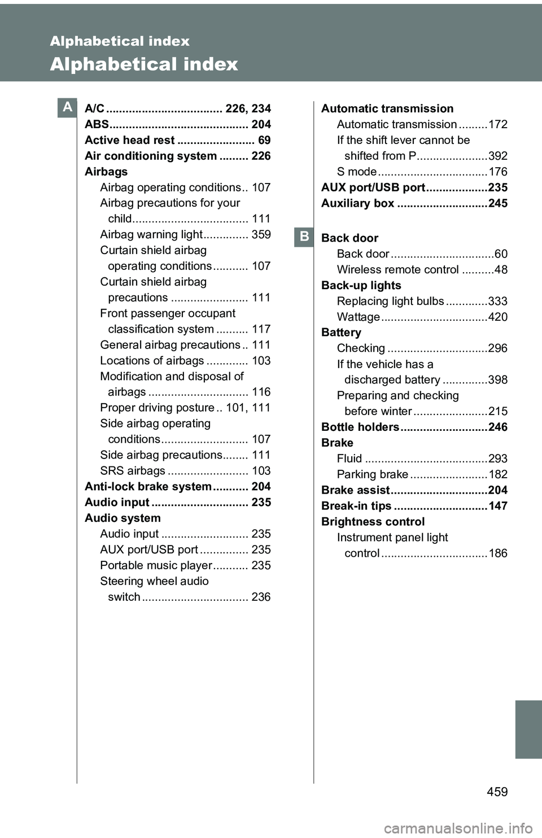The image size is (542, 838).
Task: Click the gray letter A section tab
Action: (67, 107)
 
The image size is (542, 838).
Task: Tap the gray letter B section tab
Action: (304, 237)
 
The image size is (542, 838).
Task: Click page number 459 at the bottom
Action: (497, 792)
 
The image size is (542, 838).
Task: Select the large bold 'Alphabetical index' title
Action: (144, 64)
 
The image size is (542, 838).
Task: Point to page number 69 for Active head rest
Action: (264, 140)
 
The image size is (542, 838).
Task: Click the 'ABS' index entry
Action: (97, 124)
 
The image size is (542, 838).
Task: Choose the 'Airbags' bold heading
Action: (106, 172)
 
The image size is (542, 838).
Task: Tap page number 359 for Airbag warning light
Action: (261, 234)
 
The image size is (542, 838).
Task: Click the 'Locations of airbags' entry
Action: (152, 361)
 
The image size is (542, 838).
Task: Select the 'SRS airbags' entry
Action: (133, 471)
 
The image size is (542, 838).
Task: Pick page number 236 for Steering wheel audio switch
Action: (261, 597)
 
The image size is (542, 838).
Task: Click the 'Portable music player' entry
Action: (156, 565)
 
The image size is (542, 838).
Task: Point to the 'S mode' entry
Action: (356, 172)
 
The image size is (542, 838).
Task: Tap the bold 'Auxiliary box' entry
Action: (357, 203)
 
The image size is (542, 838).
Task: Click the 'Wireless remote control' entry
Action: (397, 270)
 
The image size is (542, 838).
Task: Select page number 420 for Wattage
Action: (497, 317)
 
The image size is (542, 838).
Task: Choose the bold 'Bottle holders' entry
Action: (360, 427)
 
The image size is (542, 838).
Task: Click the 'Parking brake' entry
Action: (372, 474)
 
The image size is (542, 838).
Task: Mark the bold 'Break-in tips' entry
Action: (356, 506)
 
